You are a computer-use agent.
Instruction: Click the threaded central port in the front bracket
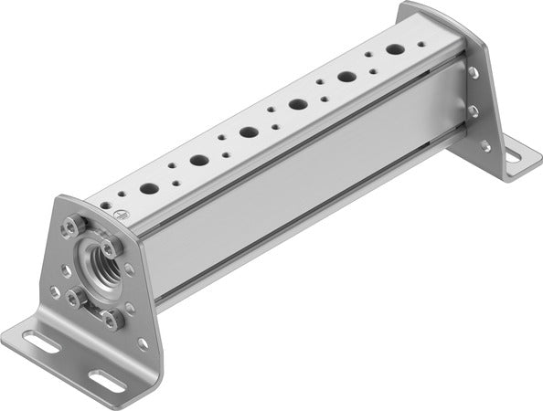pos(93,271)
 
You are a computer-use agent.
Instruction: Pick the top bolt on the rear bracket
pos(473,69)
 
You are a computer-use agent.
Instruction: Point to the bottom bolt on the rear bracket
pos(485,146)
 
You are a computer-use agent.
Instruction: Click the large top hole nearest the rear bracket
pos(396,49)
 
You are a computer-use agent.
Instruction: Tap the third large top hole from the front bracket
pos(248,132)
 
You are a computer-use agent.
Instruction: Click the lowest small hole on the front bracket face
pos(143,343)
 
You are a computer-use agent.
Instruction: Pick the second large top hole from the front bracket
pos(198,160)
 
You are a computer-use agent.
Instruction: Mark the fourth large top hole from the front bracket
pos(297,104)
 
